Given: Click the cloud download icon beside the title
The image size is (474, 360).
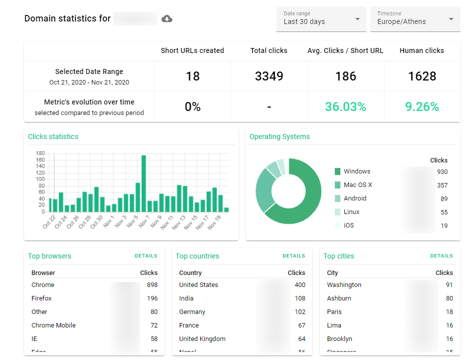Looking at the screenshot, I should pyautogui.click(x=167, y=19).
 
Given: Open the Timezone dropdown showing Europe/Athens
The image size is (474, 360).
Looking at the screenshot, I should pyautogui.click(x=415, y=19).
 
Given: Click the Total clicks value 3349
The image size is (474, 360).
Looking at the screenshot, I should pyautogui.click(x=269, y=76).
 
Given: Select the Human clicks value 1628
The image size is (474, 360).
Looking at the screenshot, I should pyautogui.click(x=422, y=76).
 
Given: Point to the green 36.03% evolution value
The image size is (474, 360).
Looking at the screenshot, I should pyautogui.click(x=345, y=106).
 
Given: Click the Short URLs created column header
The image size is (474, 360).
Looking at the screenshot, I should pyautogui.click(x=192, y=50).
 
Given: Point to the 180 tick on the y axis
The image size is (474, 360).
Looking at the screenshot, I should pyautogui.click(x=40, y=153).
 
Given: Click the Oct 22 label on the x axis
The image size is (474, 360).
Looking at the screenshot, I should pyautogui.click(x=49, y=221).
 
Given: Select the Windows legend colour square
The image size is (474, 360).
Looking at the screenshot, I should pyautogui.click(x=337, y=171).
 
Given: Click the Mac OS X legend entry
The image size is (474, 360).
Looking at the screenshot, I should pyautogui.click(x=357, y=185).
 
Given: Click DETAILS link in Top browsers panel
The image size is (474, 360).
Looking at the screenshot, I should pyautogui.click(x=146, y=256).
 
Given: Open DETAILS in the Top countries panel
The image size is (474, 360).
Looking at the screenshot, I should pyautogui.click(x=293, y=256).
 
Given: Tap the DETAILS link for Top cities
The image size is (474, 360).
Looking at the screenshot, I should pyautogui.click(x=441, y=256).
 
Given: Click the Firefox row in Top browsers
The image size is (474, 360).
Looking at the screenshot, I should pyautogui.click(x=42, y=298).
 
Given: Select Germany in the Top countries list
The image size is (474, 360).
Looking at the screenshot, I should pyautogui.click(x=192, y=312).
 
